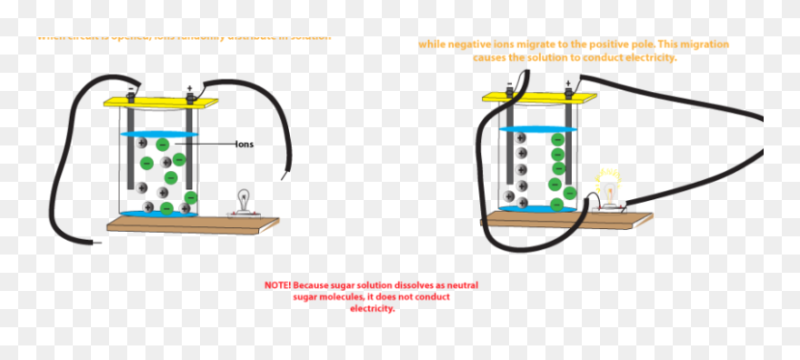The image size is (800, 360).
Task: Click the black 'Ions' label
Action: pyautogui.click(x=244, y=144)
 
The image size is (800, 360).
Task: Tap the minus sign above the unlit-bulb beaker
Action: pyautogui.click(x=133, y=89)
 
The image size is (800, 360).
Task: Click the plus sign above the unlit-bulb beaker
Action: pyautogui.click(x=189, y=88)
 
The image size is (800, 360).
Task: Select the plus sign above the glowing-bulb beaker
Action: pyautogui.click(x=568, y=84)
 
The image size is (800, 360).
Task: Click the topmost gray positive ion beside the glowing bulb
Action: pyautogui.click(x=522, y=138)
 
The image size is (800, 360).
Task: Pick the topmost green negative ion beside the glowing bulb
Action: pyautogui.click(x=555, y=139)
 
